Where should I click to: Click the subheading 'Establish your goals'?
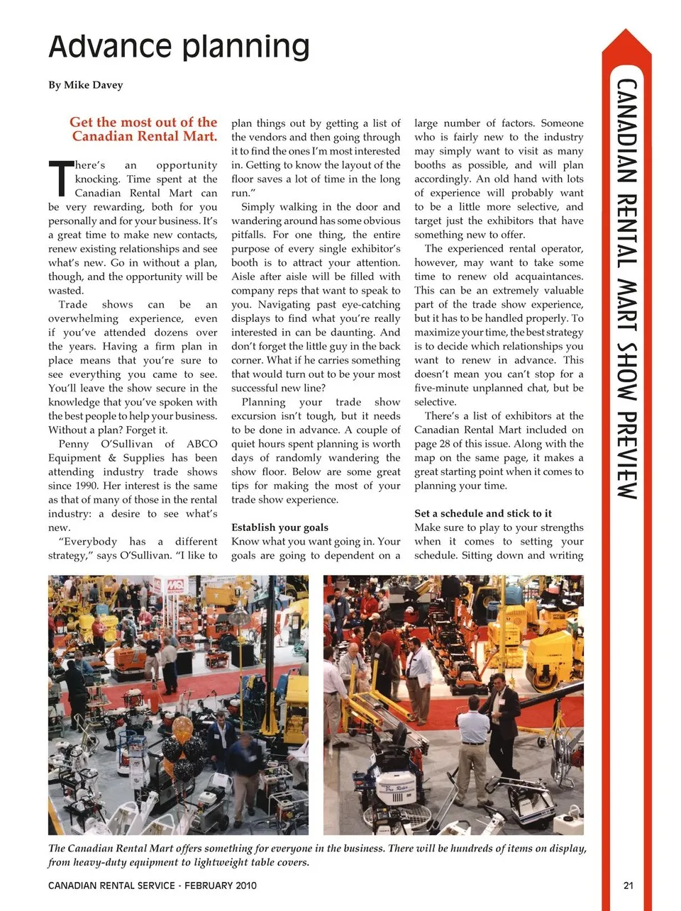pos(279,527)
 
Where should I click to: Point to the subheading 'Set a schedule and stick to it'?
pos(483,513)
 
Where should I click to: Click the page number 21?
pos(628,885)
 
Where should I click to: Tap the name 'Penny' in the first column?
pos(74,444)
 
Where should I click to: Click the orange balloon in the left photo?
pos(182,727)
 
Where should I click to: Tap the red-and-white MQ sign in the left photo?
pos(175,586)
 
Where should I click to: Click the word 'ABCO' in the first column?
pos(202,444)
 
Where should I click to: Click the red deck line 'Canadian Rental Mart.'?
pos(145,136)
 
